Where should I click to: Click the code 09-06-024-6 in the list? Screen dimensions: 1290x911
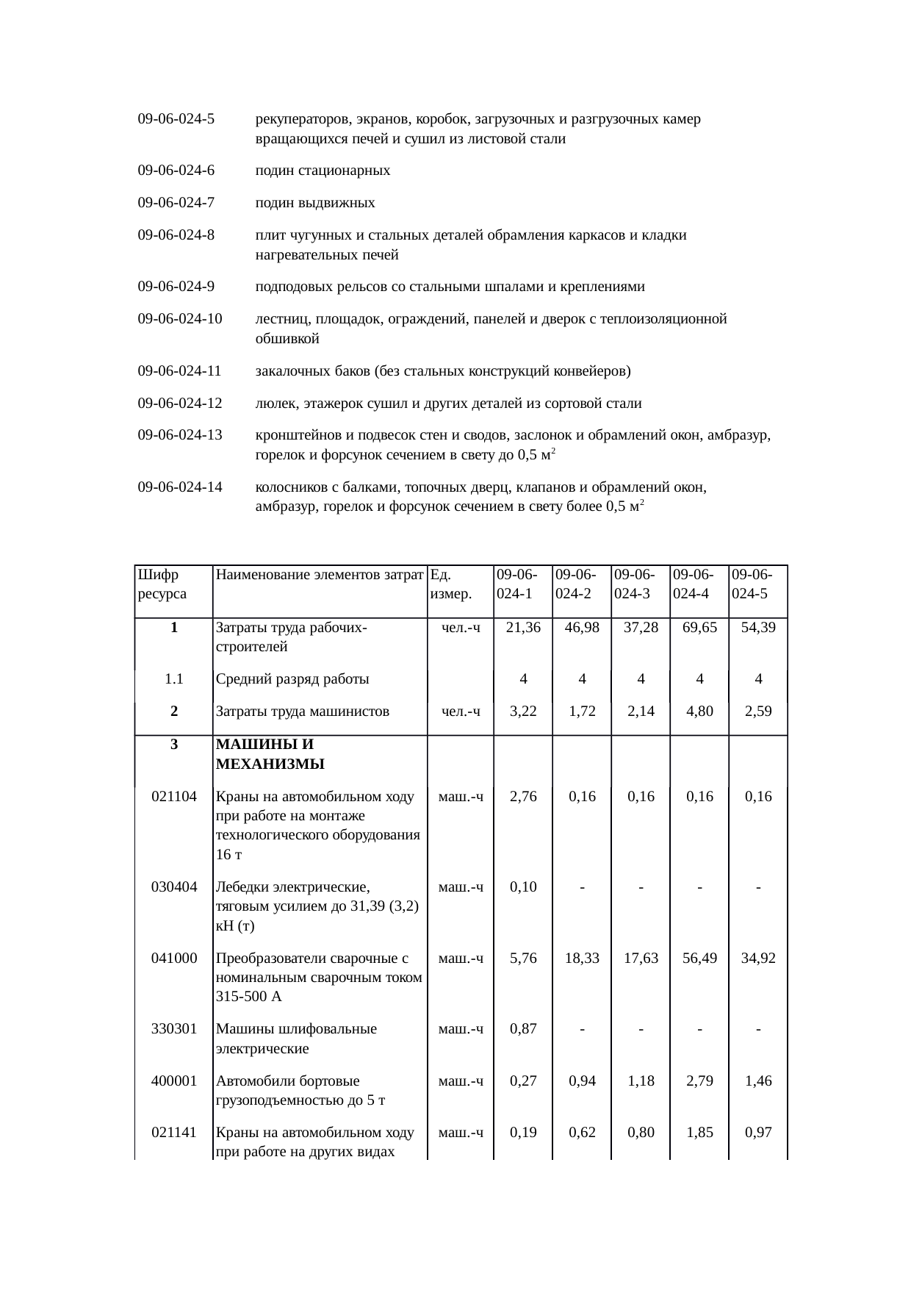pos(176,171)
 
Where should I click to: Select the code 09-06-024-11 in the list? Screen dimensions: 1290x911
pos(180,371)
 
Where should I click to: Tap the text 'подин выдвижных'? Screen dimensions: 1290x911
pos(315,204)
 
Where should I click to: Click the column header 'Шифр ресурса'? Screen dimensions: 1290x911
pos(162,584)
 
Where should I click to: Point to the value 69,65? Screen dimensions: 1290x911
pos(699,628)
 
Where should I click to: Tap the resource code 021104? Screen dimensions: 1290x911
pos(174,797)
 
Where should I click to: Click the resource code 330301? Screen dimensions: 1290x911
pos(174,1029)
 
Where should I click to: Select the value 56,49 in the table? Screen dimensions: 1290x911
pos(699,958)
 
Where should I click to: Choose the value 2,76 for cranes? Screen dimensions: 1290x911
pos(523,797)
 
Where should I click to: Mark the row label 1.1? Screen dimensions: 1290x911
pos(174,679)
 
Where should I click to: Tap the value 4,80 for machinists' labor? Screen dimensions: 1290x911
pos(699,712)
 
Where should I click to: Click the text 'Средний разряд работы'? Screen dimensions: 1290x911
pos(292,679)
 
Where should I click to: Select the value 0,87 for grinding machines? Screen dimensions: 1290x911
pos(523,1029)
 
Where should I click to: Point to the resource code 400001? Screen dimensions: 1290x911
pos(174,1081)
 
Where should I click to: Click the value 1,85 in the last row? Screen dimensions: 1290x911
pos(699,1133)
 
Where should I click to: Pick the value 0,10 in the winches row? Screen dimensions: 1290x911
pos(523,887)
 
